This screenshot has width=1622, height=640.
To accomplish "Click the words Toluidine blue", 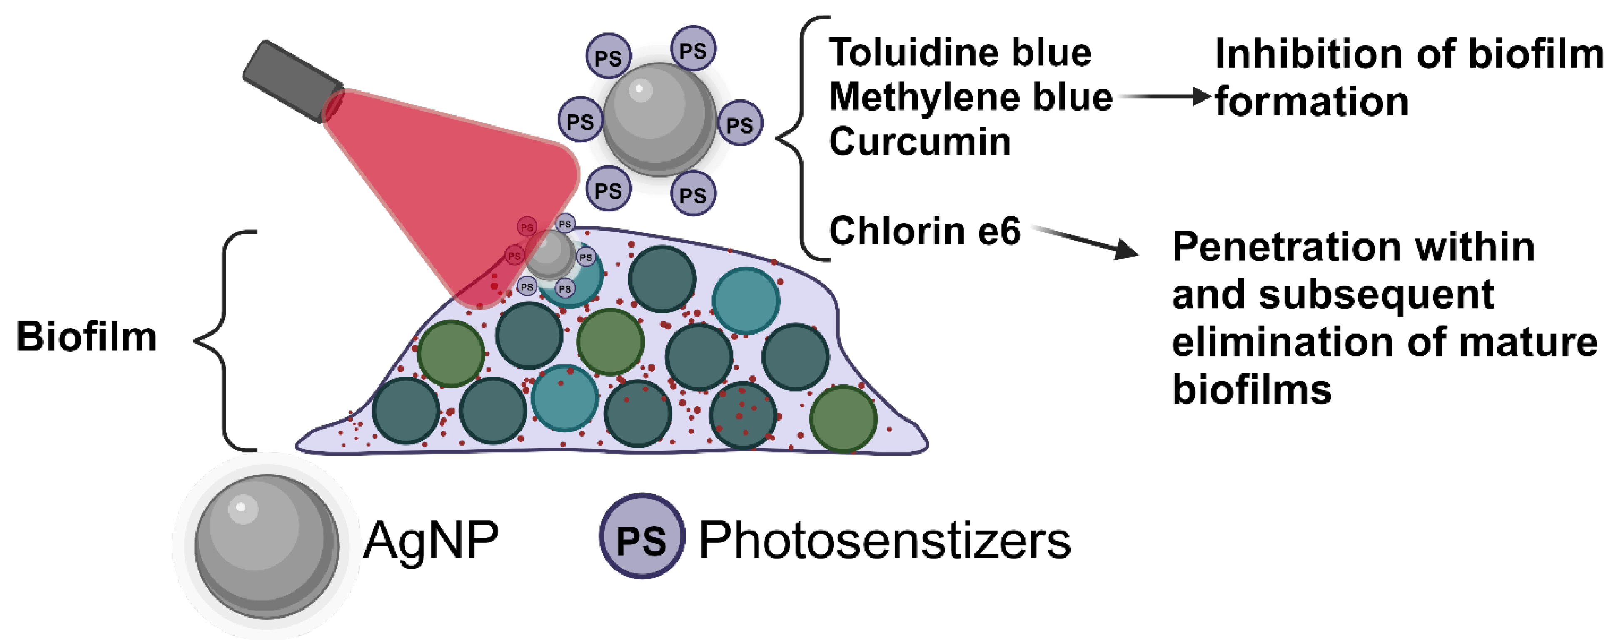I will point(960,52).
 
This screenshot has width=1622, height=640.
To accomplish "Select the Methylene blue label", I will point(970,97).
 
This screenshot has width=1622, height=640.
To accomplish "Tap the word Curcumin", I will point(919,141).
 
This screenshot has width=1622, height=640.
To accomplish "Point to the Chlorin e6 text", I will point(924,231).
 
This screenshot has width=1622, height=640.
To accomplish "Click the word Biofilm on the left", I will point(86,337).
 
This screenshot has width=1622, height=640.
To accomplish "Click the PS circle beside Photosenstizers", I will point(641,537).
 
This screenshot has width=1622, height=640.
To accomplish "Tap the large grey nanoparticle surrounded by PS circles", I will point(659,119).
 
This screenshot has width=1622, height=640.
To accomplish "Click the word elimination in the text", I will point(1281,342).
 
